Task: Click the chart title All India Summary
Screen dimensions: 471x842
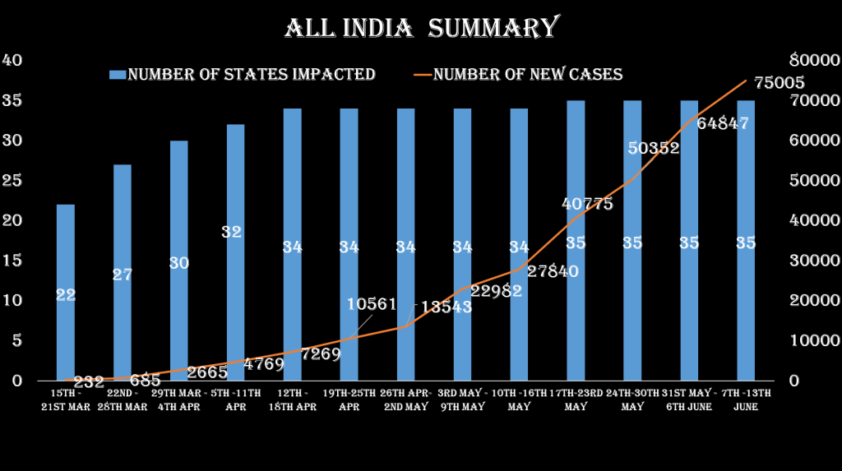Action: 421,27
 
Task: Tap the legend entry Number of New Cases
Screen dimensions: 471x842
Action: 527,75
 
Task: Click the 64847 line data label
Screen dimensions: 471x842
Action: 723,123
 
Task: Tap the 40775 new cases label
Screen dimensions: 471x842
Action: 587,204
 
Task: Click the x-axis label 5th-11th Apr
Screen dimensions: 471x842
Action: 236,399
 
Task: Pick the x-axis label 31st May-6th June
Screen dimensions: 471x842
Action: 689,399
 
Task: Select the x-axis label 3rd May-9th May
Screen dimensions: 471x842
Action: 463,399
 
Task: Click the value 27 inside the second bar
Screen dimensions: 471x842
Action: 123,275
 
